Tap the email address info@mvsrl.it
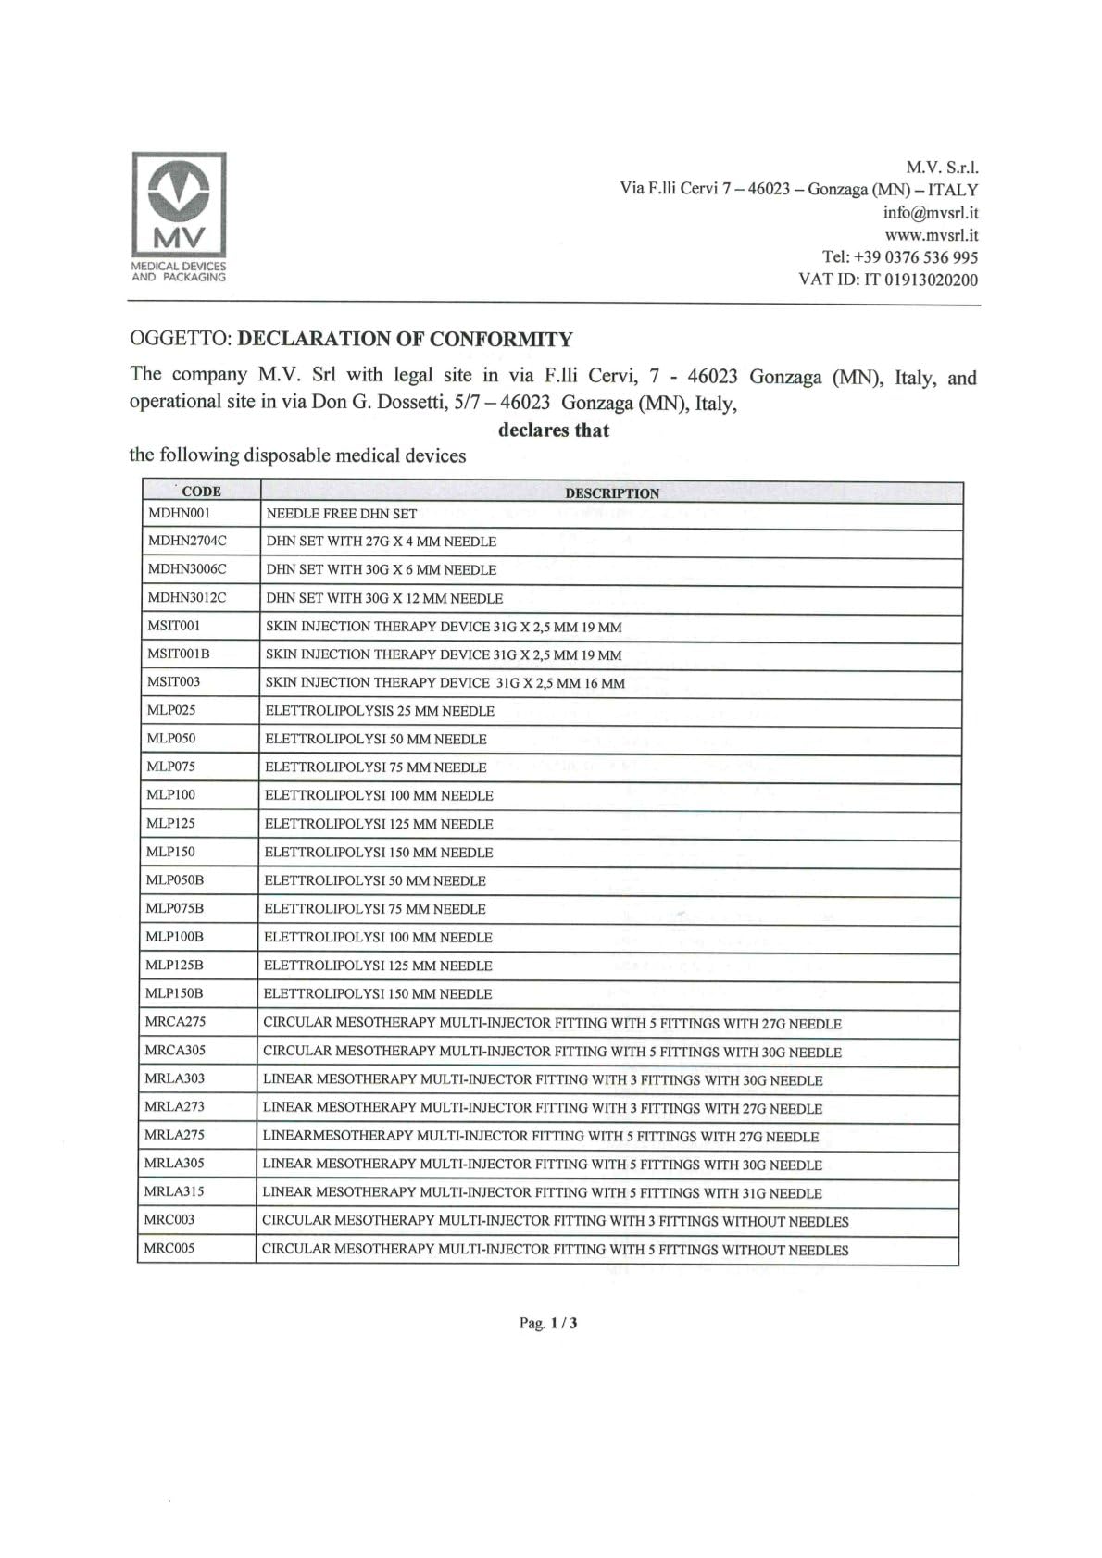pyautogui.click(x=931, y=212)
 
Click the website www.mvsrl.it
pyautogui.click(x=932, y=235)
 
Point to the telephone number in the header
pyautogui.click(x=900, y=257)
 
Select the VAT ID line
pyautogui.click(x=888, y=280)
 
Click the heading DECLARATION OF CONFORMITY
pyautogui.click(x=405, y=339)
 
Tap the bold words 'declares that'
pyautogui.click(x=554, y=430)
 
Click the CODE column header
pyautogui.click(x=201, y=492)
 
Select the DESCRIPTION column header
pyautogui.click(x=612, y=493)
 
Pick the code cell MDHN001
pyautogui.click(x=180, y=513)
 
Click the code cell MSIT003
pyautogui.click(x=173, y=682)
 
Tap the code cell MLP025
pyautogui.click(x=171, y=710)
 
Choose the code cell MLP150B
pyautogui.click(x=174, y=993)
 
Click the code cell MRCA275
pyautogui.click(x=175, y=1022)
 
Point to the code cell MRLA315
pyautogui.click(x=174, y=1191)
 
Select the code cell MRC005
pyautogui.click(x=169, y=1248)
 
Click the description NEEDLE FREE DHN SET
pyautogui.click(x=342, y=514)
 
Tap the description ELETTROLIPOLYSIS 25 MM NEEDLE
pyautogui.click(x=380, y=711)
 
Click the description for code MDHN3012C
pyautogui.click(x=384, y=599)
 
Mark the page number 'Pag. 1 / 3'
pyautogui.click(x=548, y=1323)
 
